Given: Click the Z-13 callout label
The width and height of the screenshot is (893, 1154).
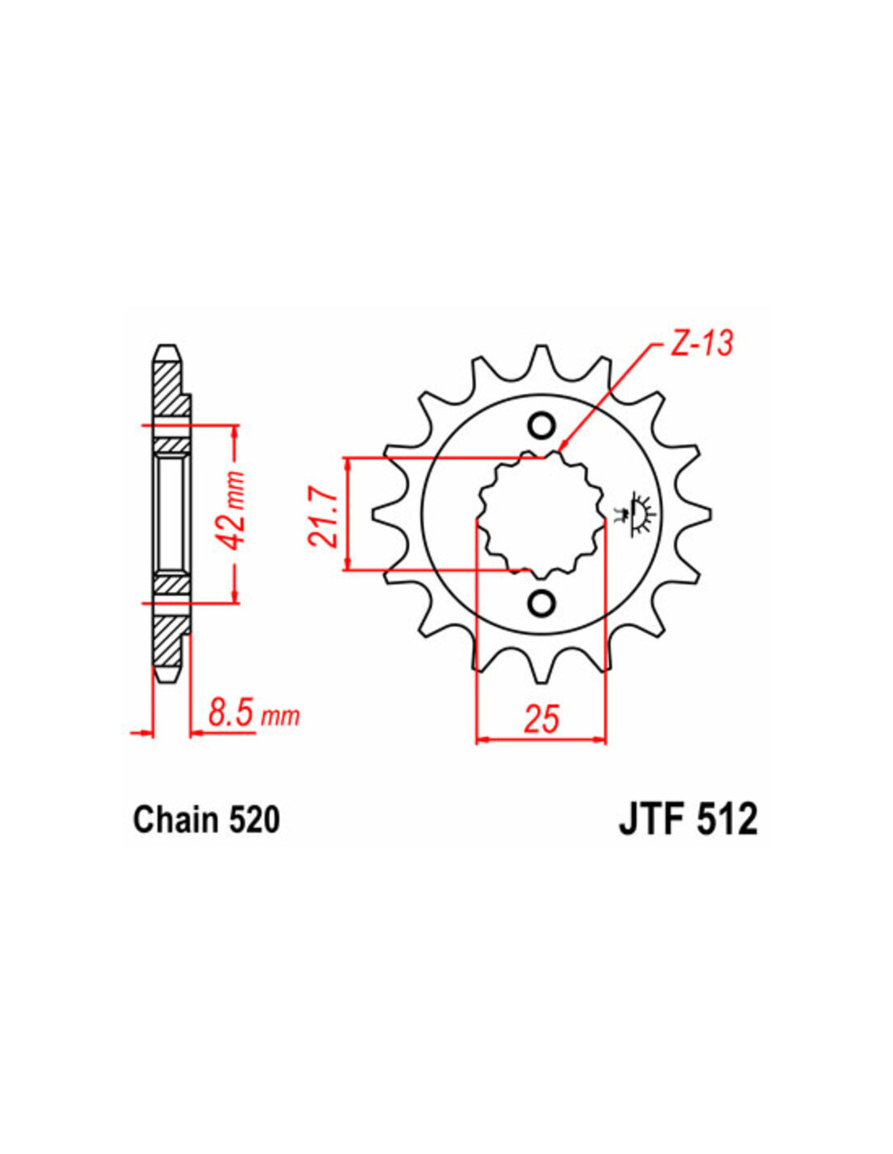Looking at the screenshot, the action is [x=695, y=345].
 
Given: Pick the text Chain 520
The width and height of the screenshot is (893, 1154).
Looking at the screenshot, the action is [x=207, y=820].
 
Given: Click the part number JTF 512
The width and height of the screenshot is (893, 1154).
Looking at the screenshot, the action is [x=688, y=821].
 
